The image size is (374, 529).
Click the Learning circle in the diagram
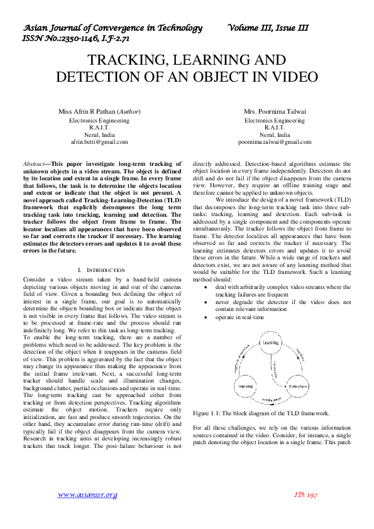[x=271, y=342]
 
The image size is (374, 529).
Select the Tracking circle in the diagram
[x=246, y=385]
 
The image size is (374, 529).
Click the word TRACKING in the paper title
[x=123, y=61]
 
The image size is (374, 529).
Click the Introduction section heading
[x=102, y=270]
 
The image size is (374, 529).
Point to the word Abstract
[x=33, y=163]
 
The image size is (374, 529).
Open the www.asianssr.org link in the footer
[x=87, y=495]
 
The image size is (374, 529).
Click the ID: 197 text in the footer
[x=306, y=495]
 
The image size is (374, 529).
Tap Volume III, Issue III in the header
[x=269, y=28]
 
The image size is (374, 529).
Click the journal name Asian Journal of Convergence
[x=113, y=28]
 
